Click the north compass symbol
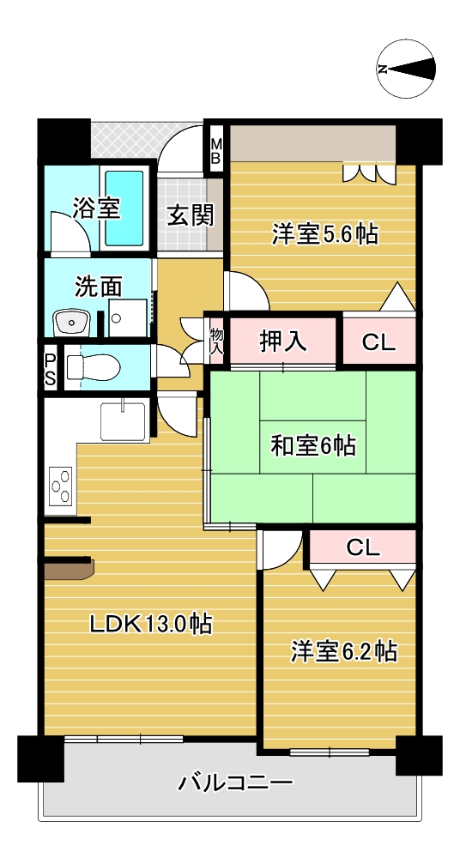[406, 69]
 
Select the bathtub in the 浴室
[124, 208]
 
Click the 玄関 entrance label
[190, 216]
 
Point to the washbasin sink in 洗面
[71, 322]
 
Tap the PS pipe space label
[51, 370]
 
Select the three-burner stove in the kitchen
[61, 486]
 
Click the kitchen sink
[123, 420]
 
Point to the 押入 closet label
[281, 341]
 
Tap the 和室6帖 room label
[313, 445]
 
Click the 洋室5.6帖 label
[325, 235]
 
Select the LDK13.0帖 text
[151, 624]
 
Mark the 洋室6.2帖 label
[344, 652]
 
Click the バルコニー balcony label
[235, 783]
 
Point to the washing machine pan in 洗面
[128, 317]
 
